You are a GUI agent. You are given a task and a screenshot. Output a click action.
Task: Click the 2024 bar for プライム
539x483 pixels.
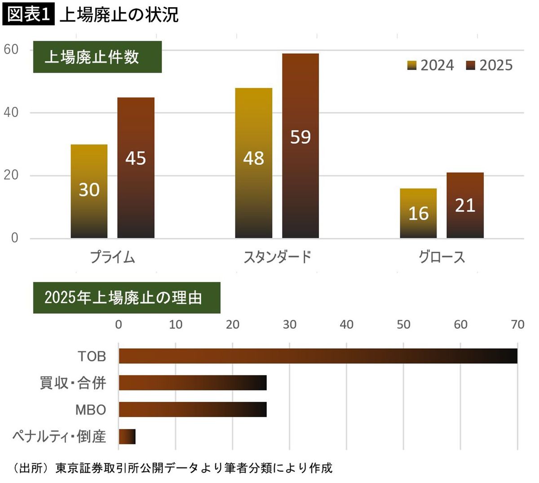click(x=89, y=191)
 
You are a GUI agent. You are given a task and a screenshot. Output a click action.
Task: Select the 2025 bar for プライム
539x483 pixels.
click(x=136, y=167)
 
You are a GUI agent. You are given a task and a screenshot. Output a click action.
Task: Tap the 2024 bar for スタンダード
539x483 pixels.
click(x=253, y=162)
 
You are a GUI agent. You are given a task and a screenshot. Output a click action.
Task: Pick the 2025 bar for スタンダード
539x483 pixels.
click(x=300, y=145)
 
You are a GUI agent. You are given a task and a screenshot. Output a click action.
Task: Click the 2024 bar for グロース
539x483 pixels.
click(x=418, y=213)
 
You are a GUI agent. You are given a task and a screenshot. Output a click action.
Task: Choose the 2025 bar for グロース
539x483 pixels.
click(x=465, y=205)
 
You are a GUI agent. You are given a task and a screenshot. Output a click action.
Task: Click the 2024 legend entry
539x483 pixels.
click(x=431, y=66)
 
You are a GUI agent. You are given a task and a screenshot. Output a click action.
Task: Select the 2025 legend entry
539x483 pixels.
click(x=490, y=66)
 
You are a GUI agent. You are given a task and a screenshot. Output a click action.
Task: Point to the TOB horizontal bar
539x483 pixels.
click(x=318, y=356)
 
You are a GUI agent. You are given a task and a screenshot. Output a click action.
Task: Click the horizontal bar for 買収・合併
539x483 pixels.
click(x=192, y=383)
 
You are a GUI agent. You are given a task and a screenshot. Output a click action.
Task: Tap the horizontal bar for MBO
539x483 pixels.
click(x=192, y=409)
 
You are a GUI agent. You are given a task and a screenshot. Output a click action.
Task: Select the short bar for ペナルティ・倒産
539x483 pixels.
click(x=127, y=436)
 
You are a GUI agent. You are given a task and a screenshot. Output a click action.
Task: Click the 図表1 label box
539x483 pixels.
click(x=28, y=14)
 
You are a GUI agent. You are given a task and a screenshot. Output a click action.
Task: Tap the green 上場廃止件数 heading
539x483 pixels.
click(x=97, y=57)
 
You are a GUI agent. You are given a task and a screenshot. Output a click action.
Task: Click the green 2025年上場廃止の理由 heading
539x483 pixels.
click(x=127, y=298)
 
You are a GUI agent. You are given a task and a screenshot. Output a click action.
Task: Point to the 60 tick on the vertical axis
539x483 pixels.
click(x=11, y=49)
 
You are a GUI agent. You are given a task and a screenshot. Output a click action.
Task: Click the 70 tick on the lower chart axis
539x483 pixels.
click(x=517, y=325)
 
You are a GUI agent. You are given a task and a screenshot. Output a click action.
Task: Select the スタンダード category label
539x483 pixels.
click(x=277, y=257)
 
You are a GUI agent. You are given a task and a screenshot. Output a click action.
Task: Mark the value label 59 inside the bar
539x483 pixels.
click(x=300, y=137)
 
